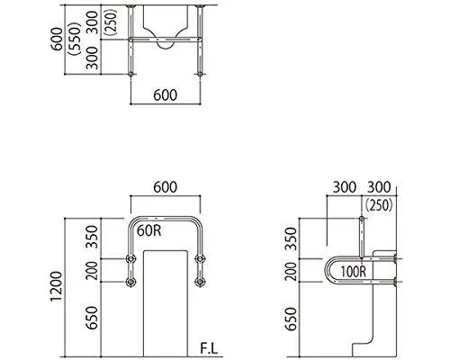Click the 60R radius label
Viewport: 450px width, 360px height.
click(x=149, y=231)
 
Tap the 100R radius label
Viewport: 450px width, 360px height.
click(x=354, y=272)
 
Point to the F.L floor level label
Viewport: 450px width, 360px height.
click(x=209, y=349)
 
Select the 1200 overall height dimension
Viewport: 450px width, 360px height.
click(x=57, y=286)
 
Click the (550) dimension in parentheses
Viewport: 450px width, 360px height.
click(x=75, y=39)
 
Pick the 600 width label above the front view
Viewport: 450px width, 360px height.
click(x=166, y=187)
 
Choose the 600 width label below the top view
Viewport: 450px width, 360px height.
click(x=166, y=95)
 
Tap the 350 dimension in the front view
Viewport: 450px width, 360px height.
click(x=92, y=237)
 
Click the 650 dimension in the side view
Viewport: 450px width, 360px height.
click(x=291, y=319)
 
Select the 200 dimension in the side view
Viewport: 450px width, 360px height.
click(x=291, y=271)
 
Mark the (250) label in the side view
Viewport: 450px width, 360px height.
click(x=379, y=205)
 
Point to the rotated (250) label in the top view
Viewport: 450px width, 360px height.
click(x=111, y=22)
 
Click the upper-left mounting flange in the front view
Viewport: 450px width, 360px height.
click(x=130, y=258)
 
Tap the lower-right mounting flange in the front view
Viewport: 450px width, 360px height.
click(x=200, y=282)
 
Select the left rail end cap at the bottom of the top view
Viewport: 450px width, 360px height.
click(x=130, y=74)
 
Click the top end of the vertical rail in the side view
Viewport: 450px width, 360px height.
click(x=362, y=218)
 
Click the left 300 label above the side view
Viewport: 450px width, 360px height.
click(x=345, y=187)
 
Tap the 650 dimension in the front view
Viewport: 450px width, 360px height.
click(x=92, y=318)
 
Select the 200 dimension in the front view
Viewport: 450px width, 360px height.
click(x=92, y=271)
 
